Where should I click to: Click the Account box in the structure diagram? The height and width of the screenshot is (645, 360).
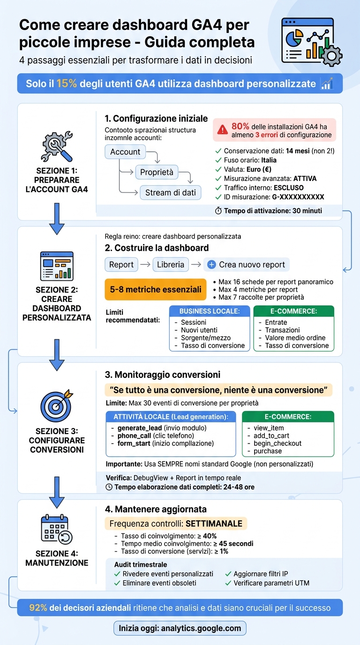tap(125, 152)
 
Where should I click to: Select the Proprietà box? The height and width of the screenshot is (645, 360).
tap(157, 172)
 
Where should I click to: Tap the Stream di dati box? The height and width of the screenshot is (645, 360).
tap(171, 193)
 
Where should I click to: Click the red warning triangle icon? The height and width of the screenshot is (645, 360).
tap(222, 130)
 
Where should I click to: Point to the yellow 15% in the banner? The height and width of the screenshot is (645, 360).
tap(67, 83)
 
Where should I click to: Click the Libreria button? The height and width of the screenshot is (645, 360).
tap(171, 265)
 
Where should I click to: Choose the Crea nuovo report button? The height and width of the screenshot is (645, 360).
tap(247, 265)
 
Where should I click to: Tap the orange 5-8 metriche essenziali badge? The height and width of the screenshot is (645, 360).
tap(156, 289)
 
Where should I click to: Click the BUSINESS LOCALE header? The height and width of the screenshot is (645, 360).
tap(210, 311)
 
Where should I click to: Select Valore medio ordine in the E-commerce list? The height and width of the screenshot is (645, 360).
tap(295, 338)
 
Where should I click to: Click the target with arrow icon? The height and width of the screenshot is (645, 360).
tap(57, 406)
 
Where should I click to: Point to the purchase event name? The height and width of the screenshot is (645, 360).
tap(268, 451)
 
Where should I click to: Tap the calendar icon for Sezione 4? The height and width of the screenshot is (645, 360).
tap(57, 529)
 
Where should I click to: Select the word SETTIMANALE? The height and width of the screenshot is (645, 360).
tap(214, 524)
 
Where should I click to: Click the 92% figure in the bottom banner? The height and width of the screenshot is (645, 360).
tap(38, 607)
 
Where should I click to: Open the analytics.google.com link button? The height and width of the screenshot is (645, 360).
tap(180, 628)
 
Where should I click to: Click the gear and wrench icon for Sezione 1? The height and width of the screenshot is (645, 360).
tap(57, 146)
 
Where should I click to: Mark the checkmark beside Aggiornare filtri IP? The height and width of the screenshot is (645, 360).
tap(228, 574)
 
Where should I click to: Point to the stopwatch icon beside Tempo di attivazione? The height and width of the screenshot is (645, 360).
tap(218, 211)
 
